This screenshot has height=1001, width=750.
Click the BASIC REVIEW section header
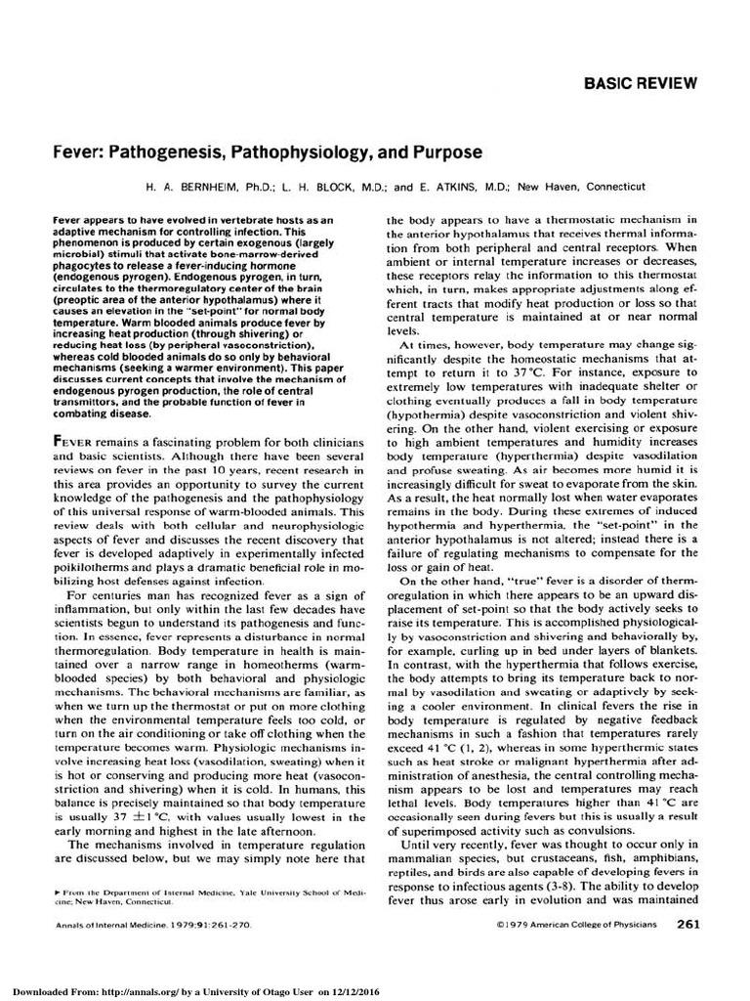click(641, 83)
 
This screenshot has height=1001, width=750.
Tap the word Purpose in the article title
click(442, 153)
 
